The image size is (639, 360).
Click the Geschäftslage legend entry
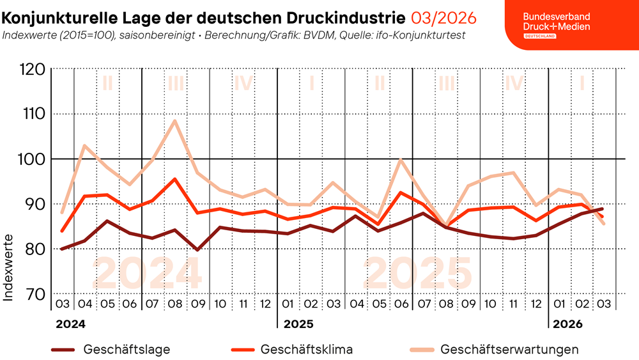[127, 350]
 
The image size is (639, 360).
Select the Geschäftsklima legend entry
[306, 350]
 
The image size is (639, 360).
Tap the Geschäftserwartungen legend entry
[509, 350]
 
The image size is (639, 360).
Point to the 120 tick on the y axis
[33, 69]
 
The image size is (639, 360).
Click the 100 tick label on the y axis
[33, 159]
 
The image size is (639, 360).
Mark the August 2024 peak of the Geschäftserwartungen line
[174, 120]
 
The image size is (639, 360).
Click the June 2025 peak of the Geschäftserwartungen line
[400, 159]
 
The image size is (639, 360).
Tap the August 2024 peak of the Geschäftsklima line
[174, 179]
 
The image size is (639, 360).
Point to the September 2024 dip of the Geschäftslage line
[197, 249]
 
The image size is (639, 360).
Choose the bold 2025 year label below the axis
[298, 324]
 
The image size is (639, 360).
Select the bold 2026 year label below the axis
[568, 324]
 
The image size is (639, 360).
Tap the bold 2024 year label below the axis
[70, 324]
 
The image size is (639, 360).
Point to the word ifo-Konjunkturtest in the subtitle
[419, 35]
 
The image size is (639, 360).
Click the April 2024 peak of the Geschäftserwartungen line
[84, 145]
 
